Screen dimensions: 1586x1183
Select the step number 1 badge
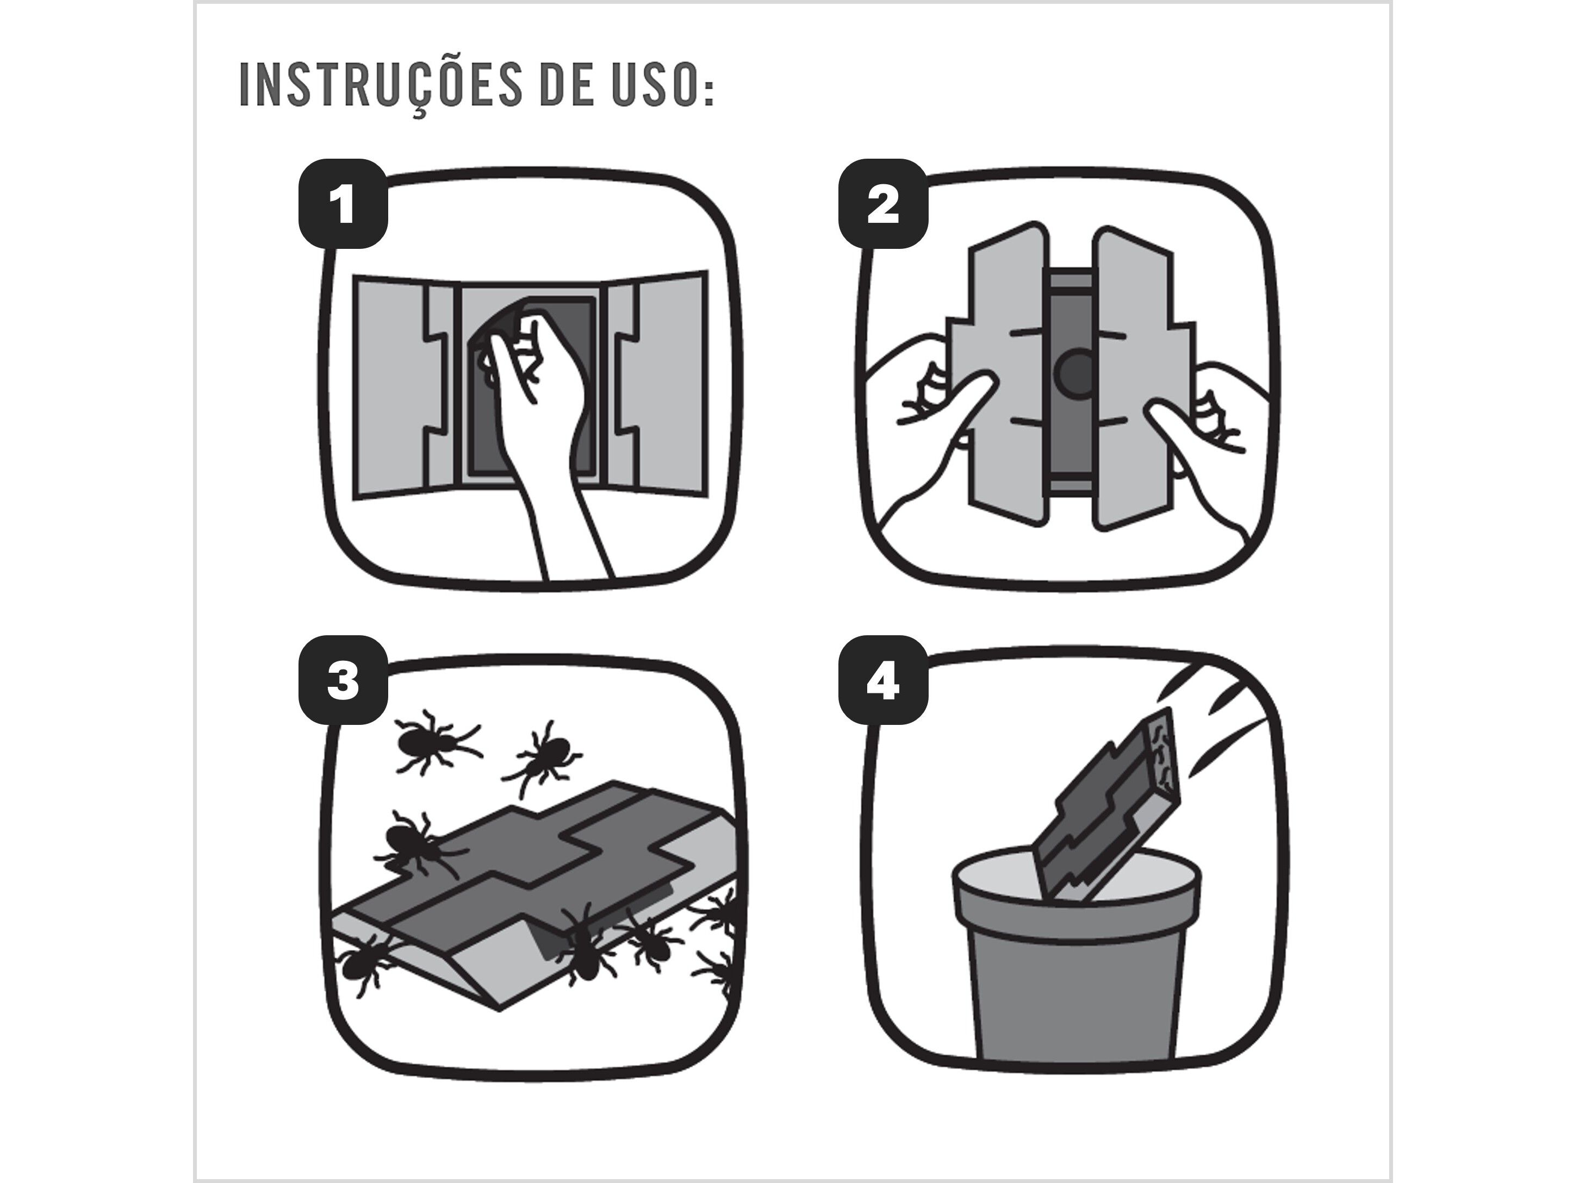click(x=343, y=204)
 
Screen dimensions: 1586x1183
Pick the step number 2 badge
click(x=884, y=204)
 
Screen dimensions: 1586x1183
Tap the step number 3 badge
click(x=343, y=680)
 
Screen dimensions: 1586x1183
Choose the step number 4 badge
click(x=884, y=680)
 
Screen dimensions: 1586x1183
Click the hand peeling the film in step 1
click(x=544, y=430)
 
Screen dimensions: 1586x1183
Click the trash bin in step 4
click(x=1076, y=956)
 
